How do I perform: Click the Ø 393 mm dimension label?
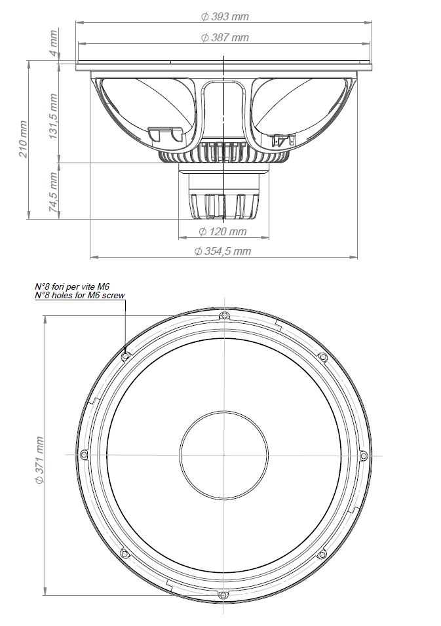(x=224, y=16)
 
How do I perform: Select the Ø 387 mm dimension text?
(x=224, y=37)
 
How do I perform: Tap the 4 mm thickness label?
(x=53, y=43)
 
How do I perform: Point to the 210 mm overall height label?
(x=24, y=140)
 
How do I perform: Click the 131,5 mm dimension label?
(x=53, y=116)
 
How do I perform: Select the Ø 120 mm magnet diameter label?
(x=223, y=231)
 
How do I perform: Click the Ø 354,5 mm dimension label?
(x=223, y=251)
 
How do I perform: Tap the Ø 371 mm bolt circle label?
(x=39, y=460)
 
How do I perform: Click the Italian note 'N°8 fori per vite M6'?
(x=72, y=286)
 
